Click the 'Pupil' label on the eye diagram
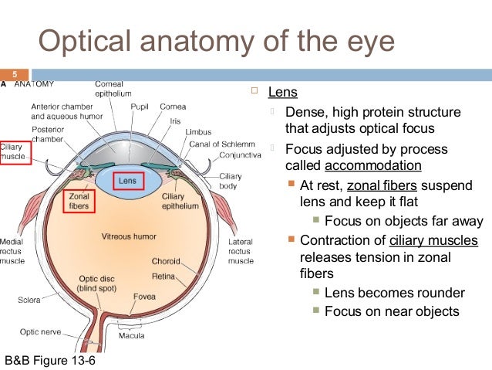click(x=139, y=106)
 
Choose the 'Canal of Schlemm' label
click(x=219, y=143)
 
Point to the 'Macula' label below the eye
click(x=131, y=336)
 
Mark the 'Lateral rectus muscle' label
click(x=241, y=251)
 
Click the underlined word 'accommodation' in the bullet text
click(x=372, y=166)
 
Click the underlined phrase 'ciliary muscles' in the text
click(x=433, y=240)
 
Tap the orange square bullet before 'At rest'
click(x=290, y=185)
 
